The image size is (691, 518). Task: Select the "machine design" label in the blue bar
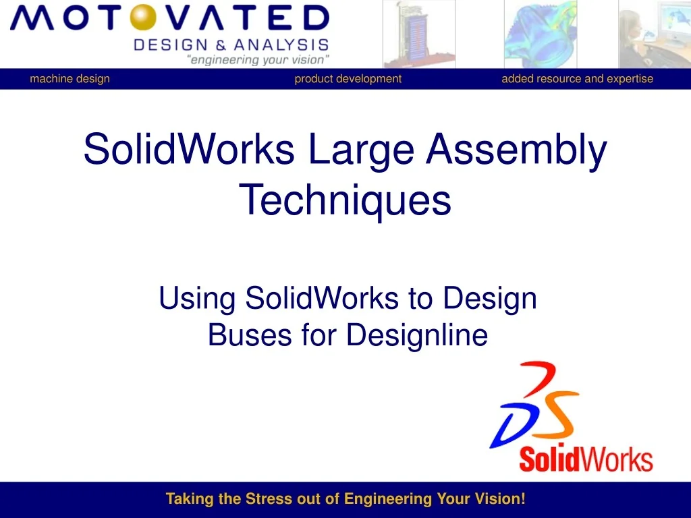pyautogui.click(x=70, y=79)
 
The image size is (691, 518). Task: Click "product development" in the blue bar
pyautogui.click(x=348, y=79)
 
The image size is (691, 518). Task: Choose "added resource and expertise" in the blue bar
pyautogui.click(x=577, y=79)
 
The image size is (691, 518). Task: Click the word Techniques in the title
pyautogui.click(x=345, y=200)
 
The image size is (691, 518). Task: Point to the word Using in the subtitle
pyautogui.click(x=197, y=298)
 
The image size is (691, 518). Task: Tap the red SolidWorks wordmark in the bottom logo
pyautogui.click(x=585, y=459)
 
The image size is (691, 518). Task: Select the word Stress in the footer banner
pyautogui.click(x=271, y=499)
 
